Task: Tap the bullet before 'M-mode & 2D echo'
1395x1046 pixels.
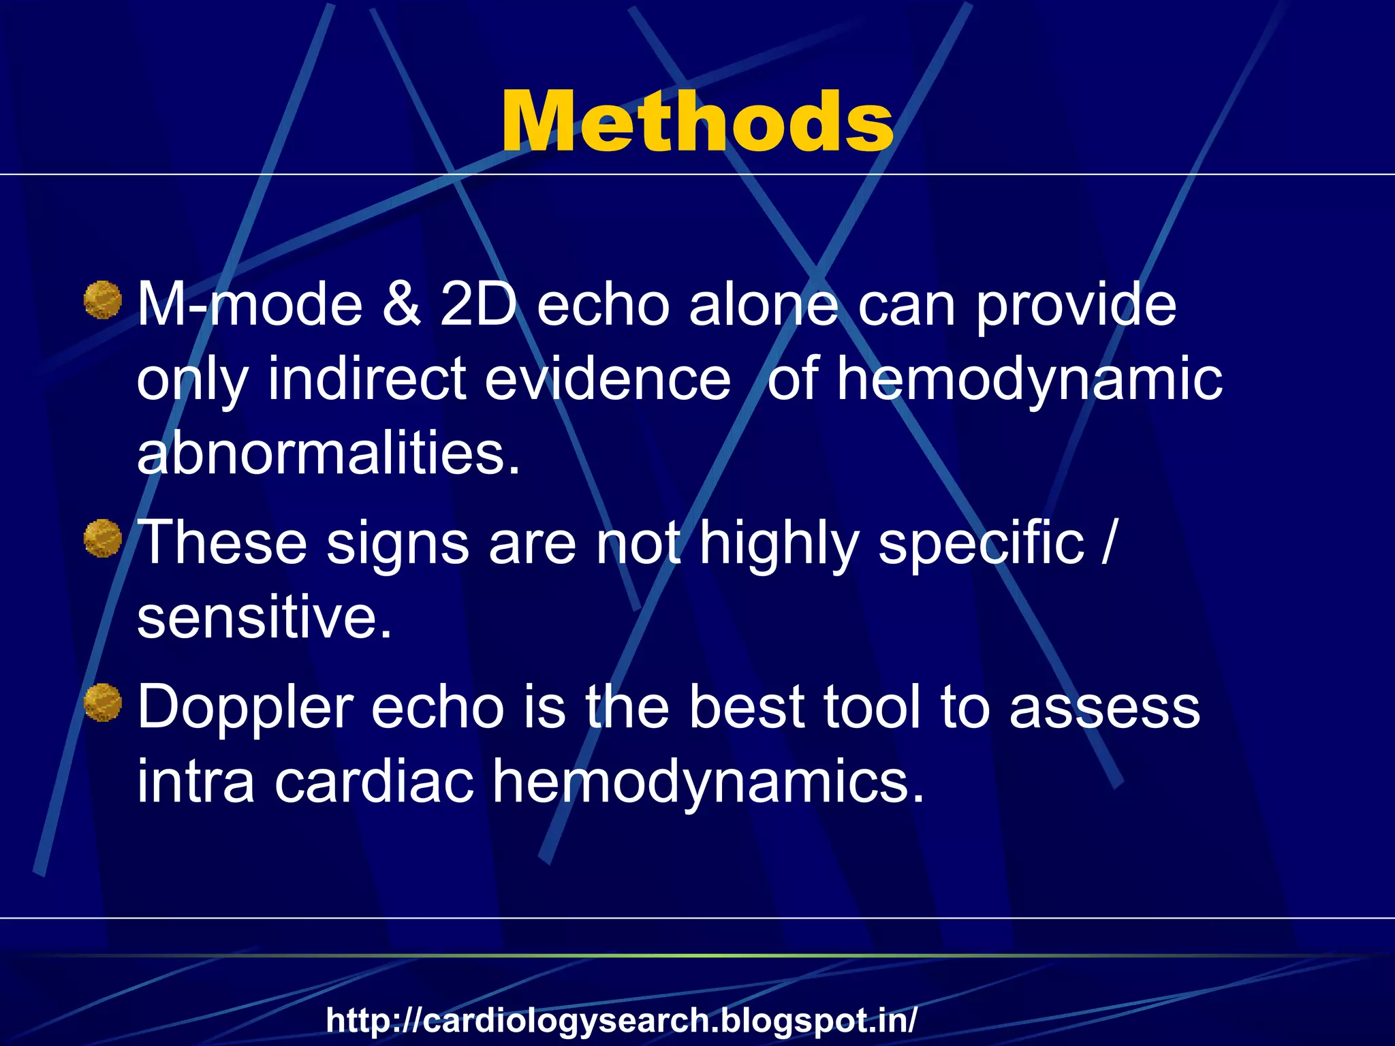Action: (103, 300)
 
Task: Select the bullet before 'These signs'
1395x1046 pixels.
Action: (103, 539)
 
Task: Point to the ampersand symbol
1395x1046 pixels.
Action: (401, 304)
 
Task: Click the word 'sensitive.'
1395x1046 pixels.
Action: (264, 616)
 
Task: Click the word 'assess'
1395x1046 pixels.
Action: (1104, 708)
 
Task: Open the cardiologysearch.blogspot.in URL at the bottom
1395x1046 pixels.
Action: (621, 1020)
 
